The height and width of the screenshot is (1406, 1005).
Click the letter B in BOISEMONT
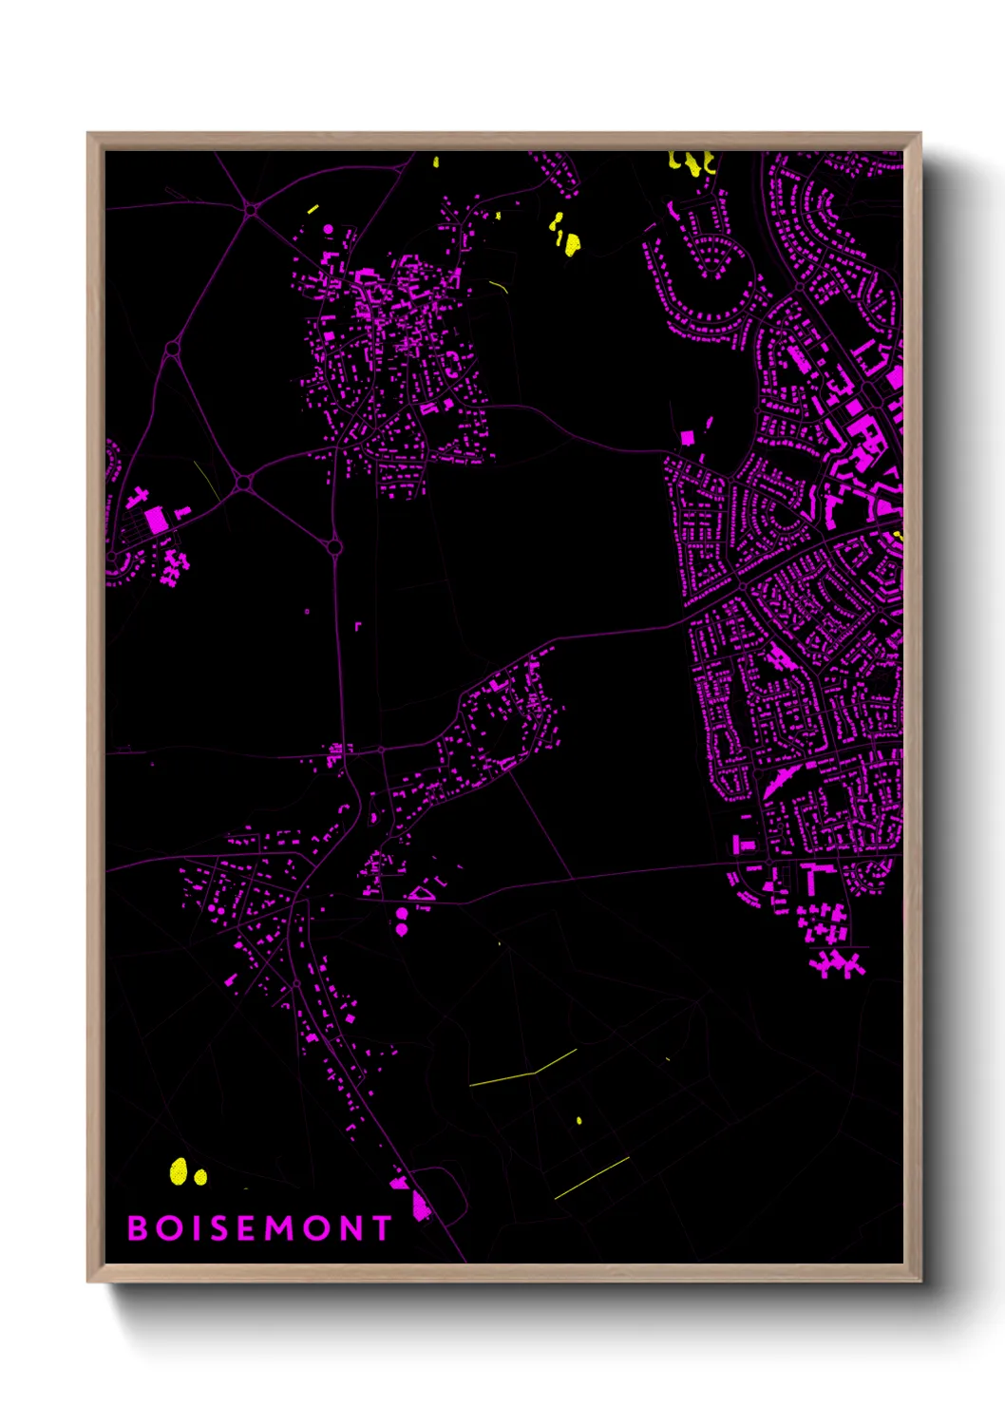[138, 1228]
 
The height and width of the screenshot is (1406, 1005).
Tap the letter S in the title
[219, 1228]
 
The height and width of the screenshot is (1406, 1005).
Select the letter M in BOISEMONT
[280, 1228]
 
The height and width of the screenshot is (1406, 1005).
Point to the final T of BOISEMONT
[382, 1228]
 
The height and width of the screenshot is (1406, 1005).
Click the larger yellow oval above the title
[179, 1171]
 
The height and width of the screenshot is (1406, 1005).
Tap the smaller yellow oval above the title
[200, 1177]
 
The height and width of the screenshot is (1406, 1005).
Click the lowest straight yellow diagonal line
[592, 1178]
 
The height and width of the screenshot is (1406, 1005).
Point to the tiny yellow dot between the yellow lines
[579, 1121]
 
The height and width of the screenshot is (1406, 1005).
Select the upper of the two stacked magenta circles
[402, 914]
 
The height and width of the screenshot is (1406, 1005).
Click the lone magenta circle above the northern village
[330, 229]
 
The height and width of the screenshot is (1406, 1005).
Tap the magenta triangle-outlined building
[421, 893]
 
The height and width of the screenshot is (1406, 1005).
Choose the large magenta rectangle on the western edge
[156, 520]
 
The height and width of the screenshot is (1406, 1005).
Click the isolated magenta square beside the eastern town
[687, 437]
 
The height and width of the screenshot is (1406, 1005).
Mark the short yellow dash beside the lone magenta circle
[313, 208]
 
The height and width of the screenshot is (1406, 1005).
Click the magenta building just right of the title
[420, 1206]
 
